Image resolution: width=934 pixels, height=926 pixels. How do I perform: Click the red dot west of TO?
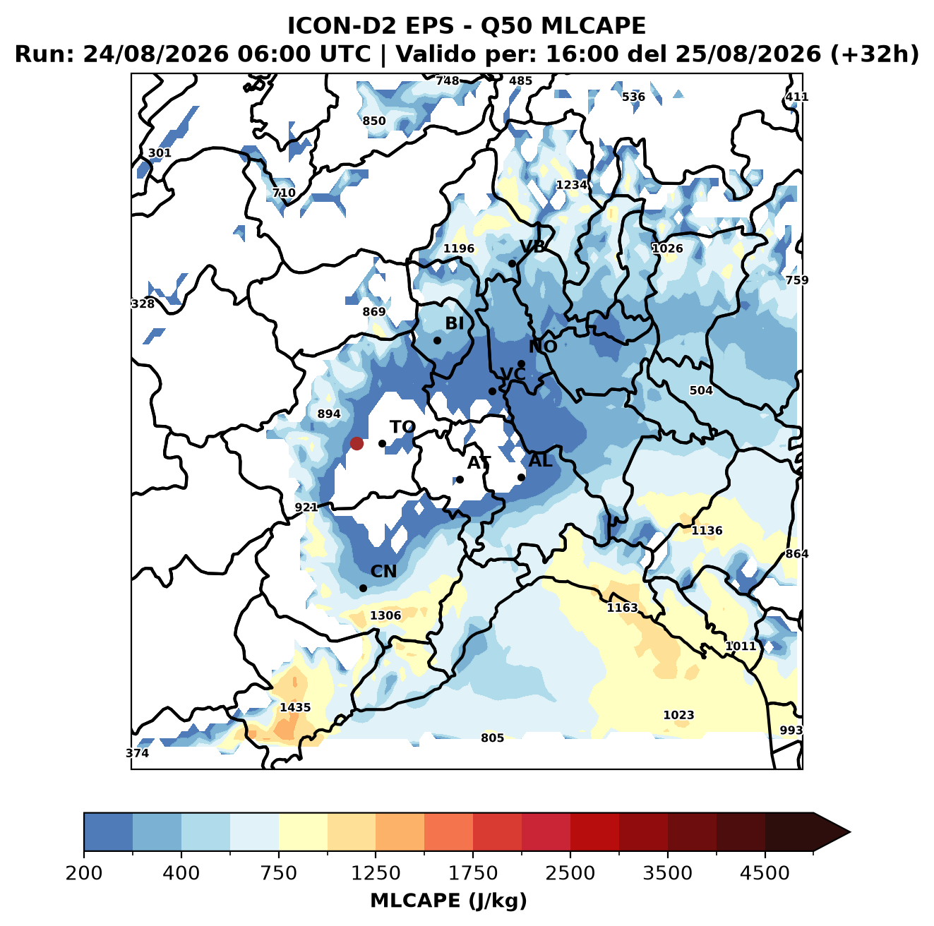pyautogui.click(x=357, y=443)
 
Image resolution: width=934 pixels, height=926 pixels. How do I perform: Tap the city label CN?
pyautogui.click(x=383, y=572)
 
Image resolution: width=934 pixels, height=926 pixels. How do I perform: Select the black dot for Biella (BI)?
pyautogui.click(x=437, y=341)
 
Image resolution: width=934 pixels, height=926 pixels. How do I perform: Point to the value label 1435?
pyautogui.click(x=295, y=707)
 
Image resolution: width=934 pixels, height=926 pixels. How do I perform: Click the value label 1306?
pyautogui.click(x=385, y=615)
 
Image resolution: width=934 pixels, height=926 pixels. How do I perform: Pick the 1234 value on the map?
pyautogui.click(x=571, y=185)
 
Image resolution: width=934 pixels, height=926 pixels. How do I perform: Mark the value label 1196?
pyautogui.click(x=459, y=248)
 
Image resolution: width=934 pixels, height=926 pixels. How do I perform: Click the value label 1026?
pyautogui.click(x=667, y=248)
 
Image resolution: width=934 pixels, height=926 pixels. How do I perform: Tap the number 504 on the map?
pyautogui.click(x=701, y=390)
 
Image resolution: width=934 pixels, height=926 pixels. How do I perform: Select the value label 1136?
pyautogui.click(x=707, y=531)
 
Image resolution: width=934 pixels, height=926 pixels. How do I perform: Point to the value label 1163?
pyautogui.click(x=623, y=608)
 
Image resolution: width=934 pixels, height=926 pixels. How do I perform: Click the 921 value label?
pyautogui.click(x=306, y=507)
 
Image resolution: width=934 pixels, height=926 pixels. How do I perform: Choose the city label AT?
pyautogui.click(x=479, y=463)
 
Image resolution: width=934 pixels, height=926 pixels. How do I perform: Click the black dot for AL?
pyautogui.click(x=521, y=477)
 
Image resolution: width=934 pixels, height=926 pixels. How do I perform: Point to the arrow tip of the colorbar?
pyautogui.click(x=850, y=832)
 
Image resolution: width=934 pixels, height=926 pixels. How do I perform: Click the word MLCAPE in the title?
pyautogui.click(x=593, y=25)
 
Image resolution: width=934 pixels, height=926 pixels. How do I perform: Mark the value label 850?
pyautogui.click(x=374, y=121)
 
